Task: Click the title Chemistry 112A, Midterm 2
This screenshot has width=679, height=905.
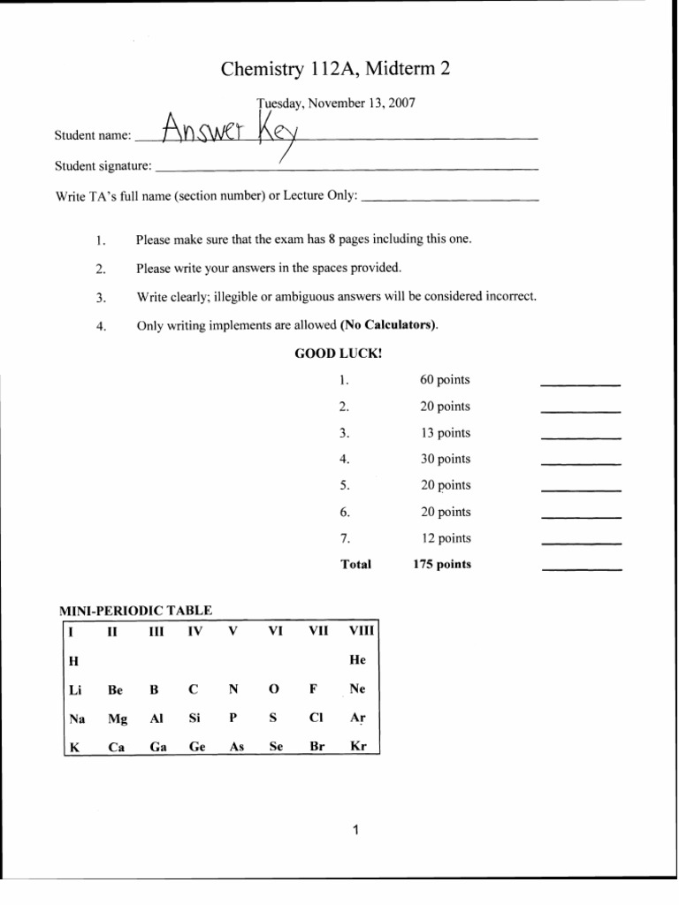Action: tap(336, 69)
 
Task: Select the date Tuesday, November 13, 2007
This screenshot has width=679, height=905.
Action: tap(336, 103)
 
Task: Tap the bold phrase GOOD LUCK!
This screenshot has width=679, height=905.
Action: tap(339, 354)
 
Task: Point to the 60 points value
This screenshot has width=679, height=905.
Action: tap(445, 380)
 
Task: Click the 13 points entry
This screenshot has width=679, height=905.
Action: tap(445, 433)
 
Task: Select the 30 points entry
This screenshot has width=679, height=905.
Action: tap(445, 459)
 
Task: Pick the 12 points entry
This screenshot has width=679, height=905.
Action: tap(445, 538)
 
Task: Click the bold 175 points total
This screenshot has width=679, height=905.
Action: tap(442, 564)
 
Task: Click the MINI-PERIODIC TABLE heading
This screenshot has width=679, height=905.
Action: tap(135, 610)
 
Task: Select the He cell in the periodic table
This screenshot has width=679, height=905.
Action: tap(357, 660)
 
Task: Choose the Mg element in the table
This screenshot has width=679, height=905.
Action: tap(117, 719)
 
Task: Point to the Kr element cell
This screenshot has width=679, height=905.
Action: tap(357, 746)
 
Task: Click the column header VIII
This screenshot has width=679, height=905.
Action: tap(362, 631)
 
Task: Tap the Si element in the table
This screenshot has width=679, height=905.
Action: tap(195, 719)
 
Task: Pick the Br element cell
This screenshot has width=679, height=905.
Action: tap(318, 746)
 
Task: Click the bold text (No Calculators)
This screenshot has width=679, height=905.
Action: tap(389, 325)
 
